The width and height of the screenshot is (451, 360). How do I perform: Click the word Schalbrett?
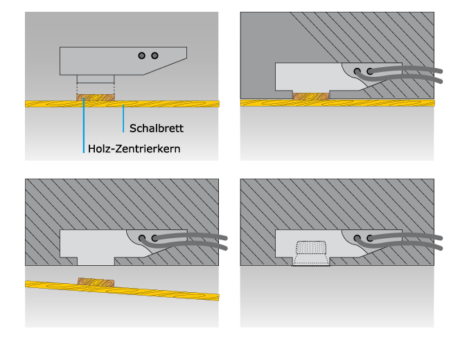156,128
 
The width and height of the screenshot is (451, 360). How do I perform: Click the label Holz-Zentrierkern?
134,149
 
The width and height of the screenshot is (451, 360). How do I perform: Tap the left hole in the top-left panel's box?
141,55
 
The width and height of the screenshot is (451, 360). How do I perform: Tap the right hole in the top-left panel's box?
154,55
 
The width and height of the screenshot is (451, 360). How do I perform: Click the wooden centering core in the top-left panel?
96,98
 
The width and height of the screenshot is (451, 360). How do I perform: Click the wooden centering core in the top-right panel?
311,96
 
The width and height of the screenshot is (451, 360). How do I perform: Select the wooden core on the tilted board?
96,282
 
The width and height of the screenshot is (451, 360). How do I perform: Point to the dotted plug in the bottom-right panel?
311,253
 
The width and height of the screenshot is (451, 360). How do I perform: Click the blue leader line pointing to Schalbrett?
123,118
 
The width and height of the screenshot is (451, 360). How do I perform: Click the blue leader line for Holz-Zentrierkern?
84,125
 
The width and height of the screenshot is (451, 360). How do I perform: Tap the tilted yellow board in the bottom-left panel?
122,291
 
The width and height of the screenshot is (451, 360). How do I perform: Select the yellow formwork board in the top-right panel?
337,103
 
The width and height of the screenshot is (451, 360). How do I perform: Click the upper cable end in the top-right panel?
439,71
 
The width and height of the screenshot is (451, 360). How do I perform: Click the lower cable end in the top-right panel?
439,80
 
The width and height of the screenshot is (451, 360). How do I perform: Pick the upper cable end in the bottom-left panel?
224,237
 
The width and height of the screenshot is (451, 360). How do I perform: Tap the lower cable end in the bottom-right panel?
439,247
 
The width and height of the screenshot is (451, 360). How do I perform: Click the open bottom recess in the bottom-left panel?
96,261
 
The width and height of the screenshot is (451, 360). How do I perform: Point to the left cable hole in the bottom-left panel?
142,238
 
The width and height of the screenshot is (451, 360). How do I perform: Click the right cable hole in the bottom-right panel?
370,238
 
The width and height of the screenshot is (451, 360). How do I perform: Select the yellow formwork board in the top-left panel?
122,104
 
